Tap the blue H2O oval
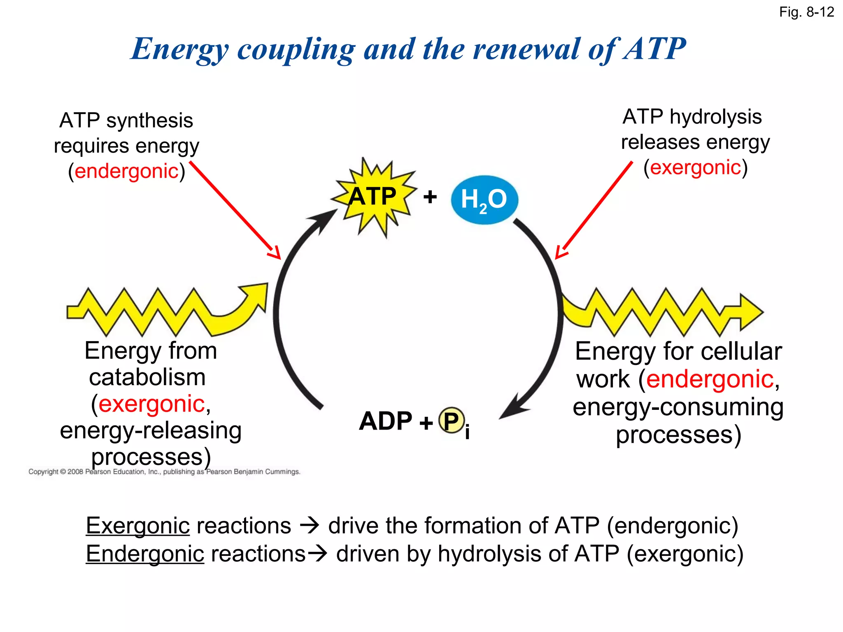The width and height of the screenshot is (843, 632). click(x=484, y=200)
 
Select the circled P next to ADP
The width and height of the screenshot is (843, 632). click(x=452, y=421)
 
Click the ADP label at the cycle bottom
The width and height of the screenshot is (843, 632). click(x=386, y=421)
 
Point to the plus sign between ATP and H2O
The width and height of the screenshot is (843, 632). click(x=430, y=197)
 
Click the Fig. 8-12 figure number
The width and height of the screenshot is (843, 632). click(x=806, y=12)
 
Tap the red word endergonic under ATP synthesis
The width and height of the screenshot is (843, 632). click(x=126, y=171)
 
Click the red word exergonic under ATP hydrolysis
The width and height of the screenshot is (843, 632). click(x=695, y=167)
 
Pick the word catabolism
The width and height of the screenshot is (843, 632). click(x=147, y=377)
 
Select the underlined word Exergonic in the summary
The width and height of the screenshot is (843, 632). click(x=138, y=526)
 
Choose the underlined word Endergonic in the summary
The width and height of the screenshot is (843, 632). click(x=145, y=554)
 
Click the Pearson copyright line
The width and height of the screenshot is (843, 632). click(x=164, y=472)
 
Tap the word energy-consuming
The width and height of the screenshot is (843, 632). click(x=678, y=407)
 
